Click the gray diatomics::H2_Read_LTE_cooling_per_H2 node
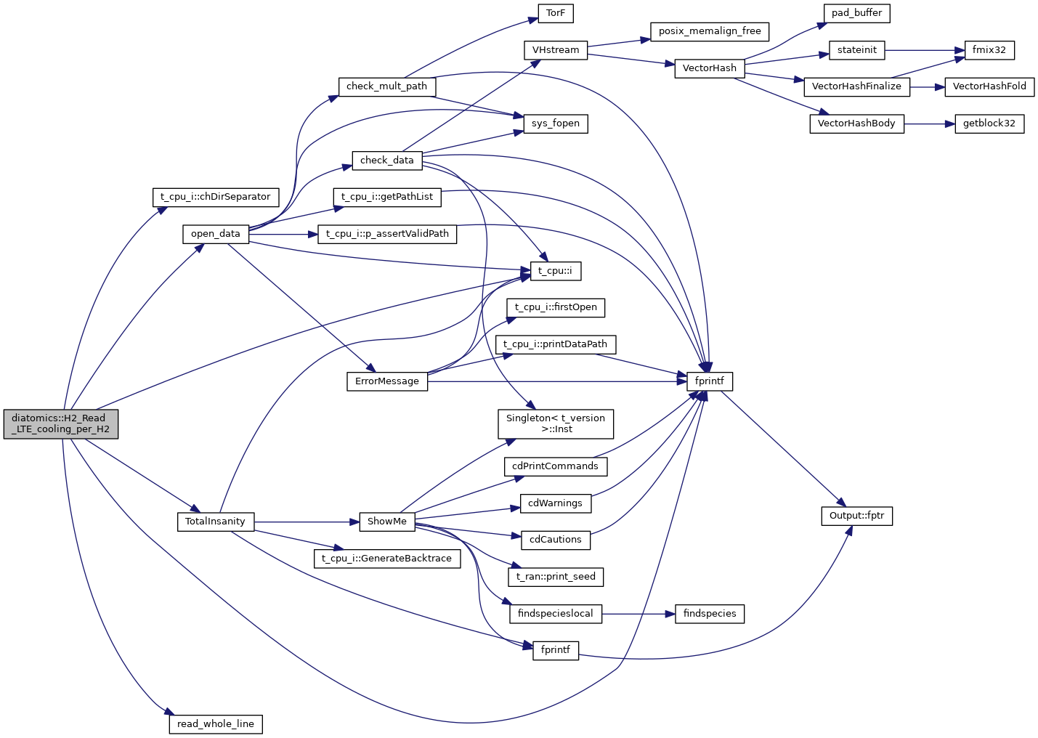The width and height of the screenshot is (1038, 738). tap(61, 423)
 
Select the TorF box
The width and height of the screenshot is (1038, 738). tap(556, 13)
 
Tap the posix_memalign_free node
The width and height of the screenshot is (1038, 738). tap(710, 31)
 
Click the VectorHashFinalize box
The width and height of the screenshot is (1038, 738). tap(856, 86)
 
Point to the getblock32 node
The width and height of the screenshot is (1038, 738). tap(989, 123)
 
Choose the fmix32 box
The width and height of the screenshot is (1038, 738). tap(989, 50)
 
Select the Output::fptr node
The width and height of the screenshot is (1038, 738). tap(856, 516)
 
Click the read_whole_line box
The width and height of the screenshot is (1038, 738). tap(216, 724)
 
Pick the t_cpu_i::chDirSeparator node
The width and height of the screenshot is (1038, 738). tap(215, 197)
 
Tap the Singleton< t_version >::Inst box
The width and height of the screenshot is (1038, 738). tap(556, 423)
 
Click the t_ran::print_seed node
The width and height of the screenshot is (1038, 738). tap(556, 577)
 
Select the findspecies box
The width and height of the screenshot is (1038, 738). tap(710, 614)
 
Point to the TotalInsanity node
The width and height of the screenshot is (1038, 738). tap(215, 522)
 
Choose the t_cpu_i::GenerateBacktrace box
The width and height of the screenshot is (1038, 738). tap(387, 559)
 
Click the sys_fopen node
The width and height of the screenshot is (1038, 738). tap(556, 123)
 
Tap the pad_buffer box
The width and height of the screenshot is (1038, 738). tap(856, 13)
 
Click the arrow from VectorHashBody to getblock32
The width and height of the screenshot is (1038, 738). tap(929, 124)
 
